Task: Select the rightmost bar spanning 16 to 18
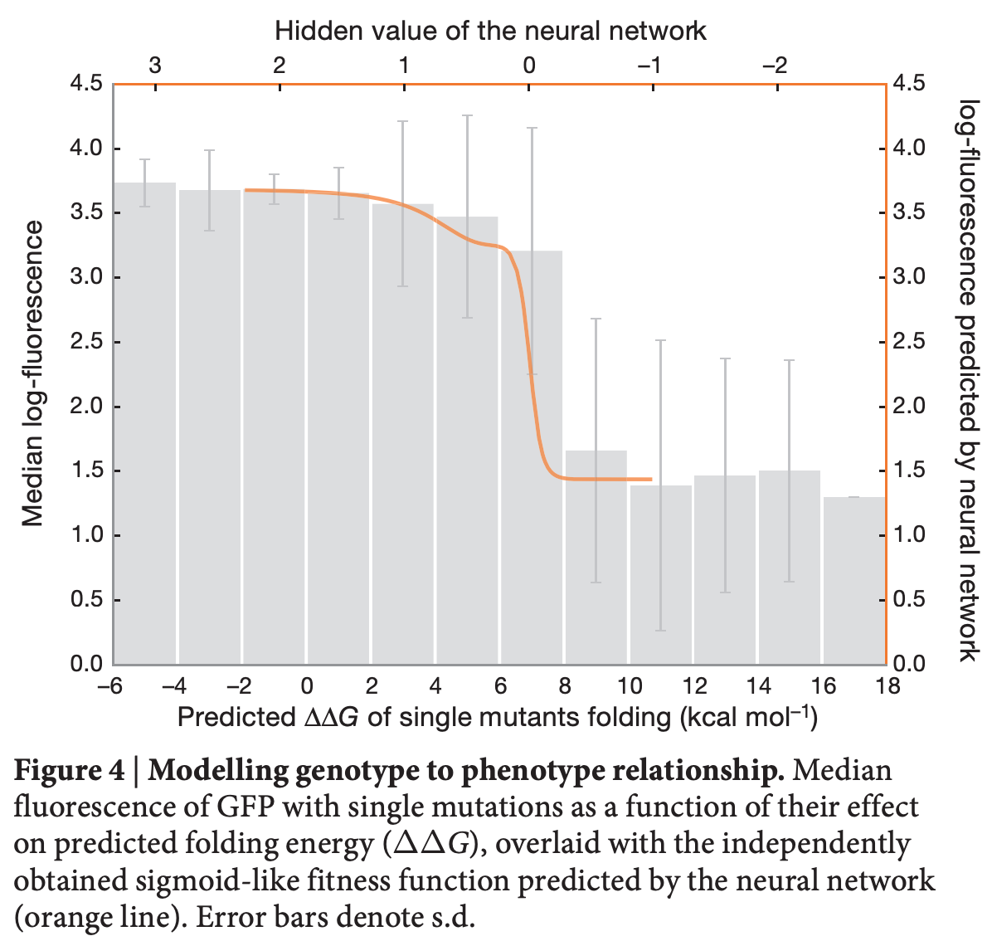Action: pyautogui.click(x=854, y=581)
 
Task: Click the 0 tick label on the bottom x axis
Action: pyautogui.click(x=307, y=686)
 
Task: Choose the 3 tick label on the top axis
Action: pyautogui.click(x=155, y=65)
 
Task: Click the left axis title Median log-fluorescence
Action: pyautogui.click(x=33, y=373)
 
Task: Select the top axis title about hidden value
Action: pyautogui.click(x=490, y=32)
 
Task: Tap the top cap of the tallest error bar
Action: pyautogui.click(x=467, y=115)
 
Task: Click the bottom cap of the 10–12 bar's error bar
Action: pyautogui.click(x=660, y=631)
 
